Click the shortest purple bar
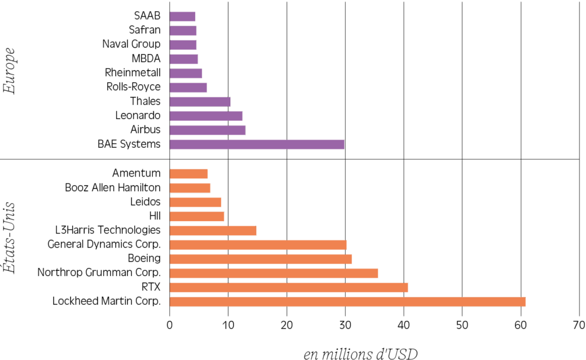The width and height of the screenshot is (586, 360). (x=182, y=16)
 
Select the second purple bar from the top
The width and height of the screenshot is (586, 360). (x=183, y=30)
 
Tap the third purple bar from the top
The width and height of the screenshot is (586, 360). (x=183, y=45)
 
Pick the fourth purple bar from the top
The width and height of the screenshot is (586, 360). (x=183, y=59)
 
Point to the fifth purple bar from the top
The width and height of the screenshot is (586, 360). (x=186, y=73)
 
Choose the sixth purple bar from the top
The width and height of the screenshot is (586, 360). (x=188, y=87)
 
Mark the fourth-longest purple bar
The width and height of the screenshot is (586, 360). (x=200, y=101)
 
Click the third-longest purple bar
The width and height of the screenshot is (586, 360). (x=206, y=116)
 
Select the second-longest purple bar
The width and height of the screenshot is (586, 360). (x=207, y=130)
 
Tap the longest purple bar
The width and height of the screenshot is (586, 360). (x=257, y=144)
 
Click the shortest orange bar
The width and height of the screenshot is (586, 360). (x=189, y=174)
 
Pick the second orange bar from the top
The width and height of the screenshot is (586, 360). (x=190, y=188)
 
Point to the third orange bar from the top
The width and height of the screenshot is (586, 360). (x=195, y=202)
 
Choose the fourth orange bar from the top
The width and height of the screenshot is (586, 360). (x=197, y=216)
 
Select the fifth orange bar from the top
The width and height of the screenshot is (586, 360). (x=213, y=230)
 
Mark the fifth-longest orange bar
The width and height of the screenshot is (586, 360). (x=258, y=245)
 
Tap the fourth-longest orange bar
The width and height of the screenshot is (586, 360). (x=261, y=259)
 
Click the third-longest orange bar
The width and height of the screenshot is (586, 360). (x=274, y=273)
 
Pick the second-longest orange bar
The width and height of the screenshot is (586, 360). (x=289, y=287)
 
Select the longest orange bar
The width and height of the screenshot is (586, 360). (x=347, y=301)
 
